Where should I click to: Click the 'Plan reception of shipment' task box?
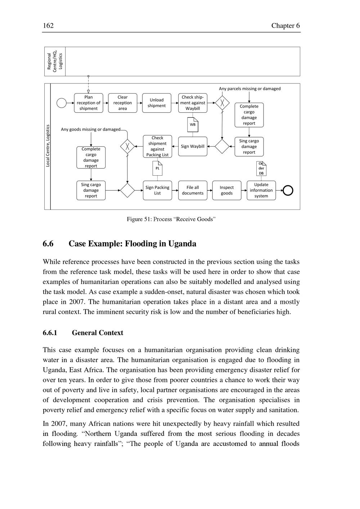coord(89,103)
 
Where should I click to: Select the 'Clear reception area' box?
coord(122,103)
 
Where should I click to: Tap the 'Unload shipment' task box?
coord(157,103)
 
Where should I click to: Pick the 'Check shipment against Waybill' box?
coord(193,103)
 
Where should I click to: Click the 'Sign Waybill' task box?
coord(193,147)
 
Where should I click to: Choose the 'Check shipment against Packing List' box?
coord(157,147)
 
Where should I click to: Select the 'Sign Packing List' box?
coord(157,190)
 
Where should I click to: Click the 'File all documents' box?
coord(193,190)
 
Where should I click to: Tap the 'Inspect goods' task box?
coord(227,190)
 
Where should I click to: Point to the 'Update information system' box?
coord(261,190)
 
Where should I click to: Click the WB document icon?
coord(193,125)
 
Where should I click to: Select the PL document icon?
coord(157,168)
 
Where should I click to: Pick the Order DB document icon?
coord(261,168)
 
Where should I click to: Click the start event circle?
coord(62,103)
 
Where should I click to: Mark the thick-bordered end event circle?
coord(288,190)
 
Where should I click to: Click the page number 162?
coord(48,26)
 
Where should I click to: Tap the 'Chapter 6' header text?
coord(285,26)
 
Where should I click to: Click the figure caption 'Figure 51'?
coord(171,219)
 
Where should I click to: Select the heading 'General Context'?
coord(98,333)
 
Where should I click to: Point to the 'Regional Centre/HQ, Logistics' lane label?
coord(55,62)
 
